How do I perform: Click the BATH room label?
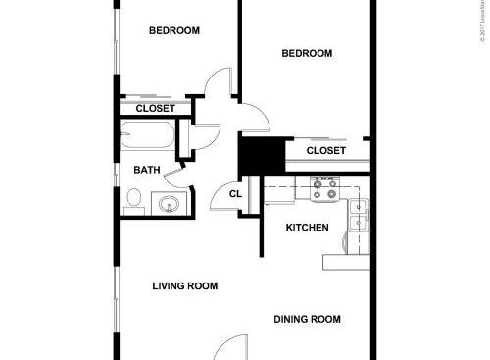click(147, 170)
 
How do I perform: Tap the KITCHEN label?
click(307, 228)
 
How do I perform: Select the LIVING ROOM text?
click(184, 286)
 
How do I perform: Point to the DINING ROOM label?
click(307, 319)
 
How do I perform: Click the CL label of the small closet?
click(235, 194)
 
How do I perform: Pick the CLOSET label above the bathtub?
click(155, 108)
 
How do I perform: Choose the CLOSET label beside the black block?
click(325, 151)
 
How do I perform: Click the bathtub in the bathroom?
click(147, 136)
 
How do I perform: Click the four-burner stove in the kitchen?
click(324, 188)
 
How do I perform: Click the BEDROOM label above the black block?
click(307, 53)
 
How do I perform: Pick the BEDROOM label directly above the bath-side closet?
click(173, 30)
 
